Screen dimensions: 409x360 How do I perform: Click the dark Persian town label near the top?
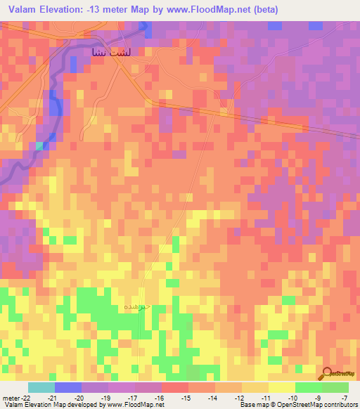[x=109, y=52]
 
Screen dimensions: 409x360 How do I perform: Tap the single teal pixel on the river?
[x=40, y=145]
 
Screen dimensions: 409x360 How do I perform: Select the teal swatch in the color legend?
[x=41, y=387]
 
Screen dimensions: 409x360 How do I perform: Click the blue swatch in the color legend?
[x=67, y=387]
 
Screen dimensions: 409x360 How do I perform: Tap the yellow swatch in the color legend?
[x=281, y=387]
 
